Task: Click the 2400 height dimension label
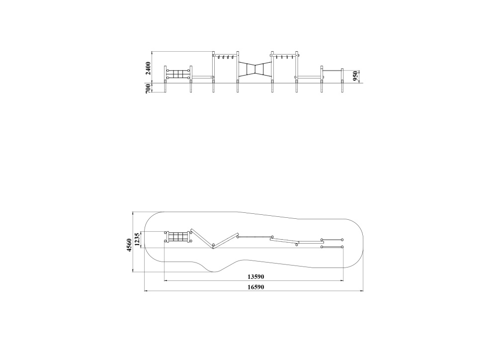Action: pyautogui.click(x=148, y=68)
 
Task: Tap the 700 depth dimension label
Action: pyautogui.click(x=148, y=89)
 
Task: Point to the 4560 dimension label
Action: pyautogui.click(x=129, y=245)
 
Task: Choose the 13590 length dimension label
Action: pyautogui.click(x=256, y=276)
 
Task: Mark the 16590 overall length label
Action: pyautogui.click(x=256, y=287)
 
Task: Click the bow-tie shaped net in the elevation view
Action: pyautogui.click(x=255, y=69)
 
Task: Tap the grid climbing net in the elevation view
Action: pyautogui.click(x=178, y=74)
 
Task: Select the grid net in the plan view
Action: pyautogui.click(x=178, y=237)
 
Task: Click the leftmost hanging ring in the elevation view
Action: pyautogui.click(x=219, y=57)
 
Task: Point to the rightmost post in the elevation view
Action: pyautogui.click(x=342, y=81)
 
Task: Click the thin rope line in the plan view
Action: pyautogui.click(x=255, y=237)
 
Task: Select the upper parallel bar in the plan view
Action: pyautogui.click(x=332, y=240)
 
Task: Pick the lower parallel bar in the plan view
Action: pyautogui.click(x=332, y=247)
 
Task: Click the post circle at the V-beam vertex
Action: pyautogui.click(x=214, y=245)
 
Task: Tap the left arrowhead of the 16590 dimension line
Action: pyautogui.click(x=146, y=290)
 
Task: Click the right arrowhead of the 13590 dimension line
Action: pyautogui.click(x=342, y=280)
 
